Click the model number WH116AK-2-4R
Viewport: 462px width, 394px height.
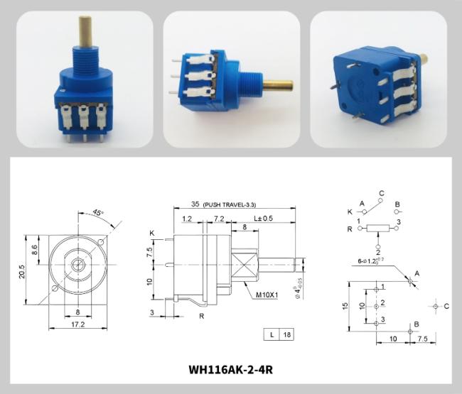231,369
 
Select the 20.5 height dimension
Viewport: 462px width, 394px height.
21,272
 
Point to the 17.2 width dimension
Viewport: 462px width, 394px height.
77,324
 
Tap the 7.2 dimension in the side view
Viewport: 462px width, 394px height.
220,218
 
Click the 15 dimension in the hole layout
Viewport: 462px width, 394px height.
345,306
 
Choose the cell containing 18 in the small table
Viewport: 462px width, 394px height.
288,334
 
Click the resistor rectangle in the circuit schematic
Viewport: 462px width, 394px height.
379,229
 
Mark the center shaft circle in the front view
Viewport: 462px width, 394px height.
77,265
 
